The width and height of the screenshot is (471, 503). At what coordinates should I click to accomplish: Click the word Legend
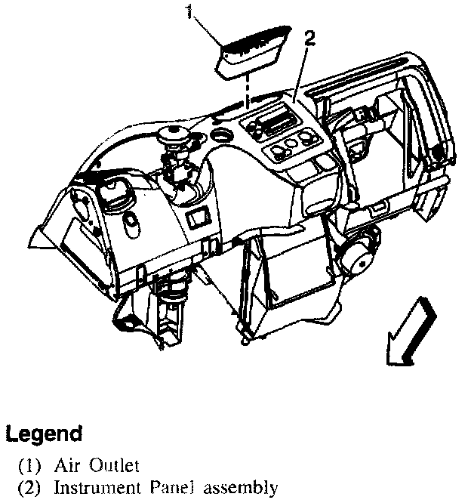click(x=44, y=434)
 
